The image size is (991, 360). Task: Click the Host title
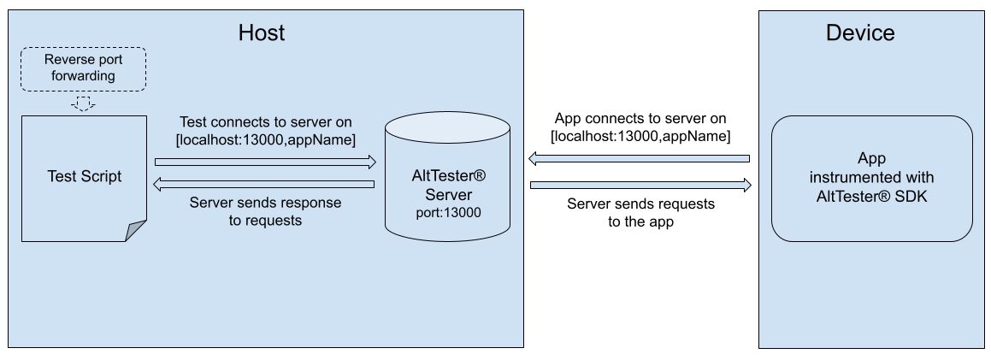(262, 33)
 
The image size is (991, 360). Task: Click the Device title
(859, 33)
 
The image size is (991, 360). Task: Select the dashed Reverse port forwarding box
(83, 68)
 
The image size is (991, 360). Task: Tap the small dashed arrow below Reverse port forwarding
(83, 103)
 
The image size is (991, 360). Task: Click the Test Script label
(84, 176)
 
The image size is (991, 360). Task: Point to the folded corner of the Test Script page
(136, 230)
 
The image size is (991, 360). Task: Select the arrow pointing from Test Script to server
(265, 161)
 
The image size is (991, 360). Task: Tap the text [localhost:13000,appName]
(265, 139)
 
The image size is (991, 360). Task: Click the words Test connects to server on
(265, 122)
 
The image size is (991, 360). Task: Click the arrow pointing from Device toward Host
(640, 158)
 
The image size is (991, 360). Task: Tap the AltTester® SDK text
(871, 196)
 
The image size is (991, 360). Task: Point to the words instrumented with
(871, 178)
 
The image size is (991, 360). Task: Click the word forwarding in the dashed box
(83, 76)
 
